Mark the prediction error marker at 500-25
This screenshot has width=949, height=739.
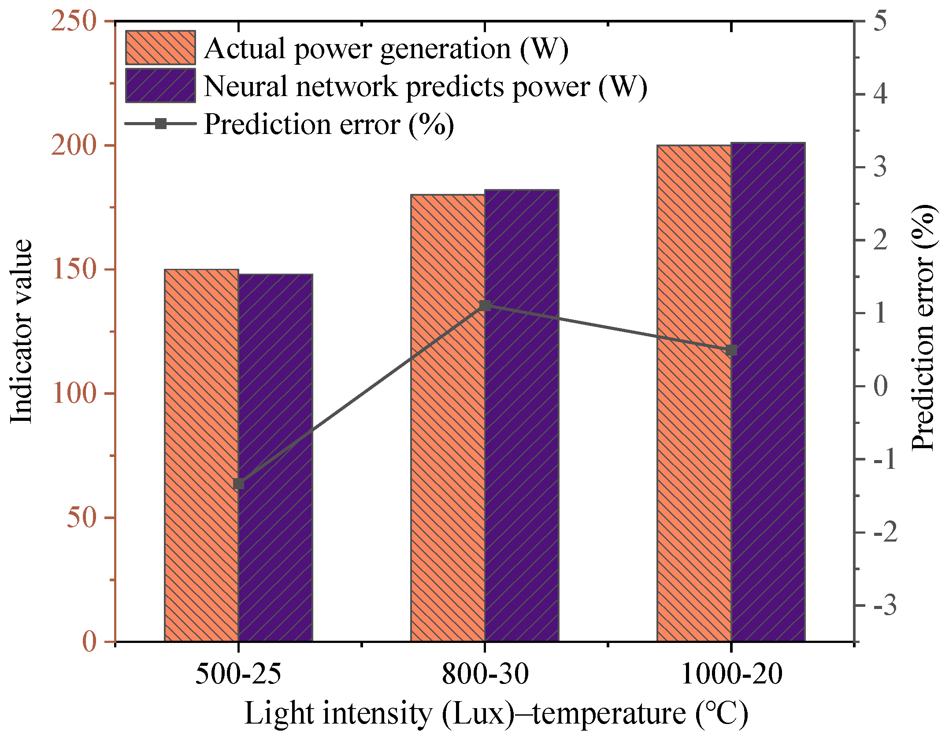(x=238, y=484)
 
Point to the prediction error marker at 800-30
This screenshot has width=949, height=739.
(x=485, y=305)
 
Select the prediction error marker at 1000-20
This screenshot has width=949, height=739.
(x=731, y=350)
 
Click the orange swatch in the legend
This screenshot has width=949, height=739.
(x=160, y=48)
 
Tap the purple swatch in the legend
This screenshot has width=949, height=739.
(x=160, y=85)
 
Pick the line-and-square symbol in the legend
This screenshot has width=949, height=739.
(x=161, y=123)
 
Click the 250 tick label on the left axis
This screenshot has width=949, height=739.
(x=74, y=21)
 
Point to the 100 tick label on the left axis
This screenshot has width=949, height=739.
(x=74, y=393)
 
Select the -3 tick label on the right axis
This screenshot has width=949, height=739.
(x=884, y=605)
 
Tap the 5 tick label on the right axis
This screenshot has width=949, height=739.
(x=880, y=21)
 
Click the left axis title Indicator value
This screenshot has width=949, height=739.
(x=21, y=331)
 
